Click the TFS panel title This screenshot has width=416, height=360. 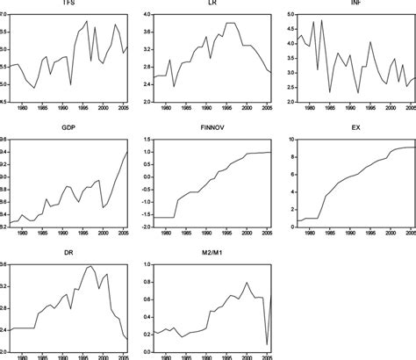(x=68, y=4)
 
